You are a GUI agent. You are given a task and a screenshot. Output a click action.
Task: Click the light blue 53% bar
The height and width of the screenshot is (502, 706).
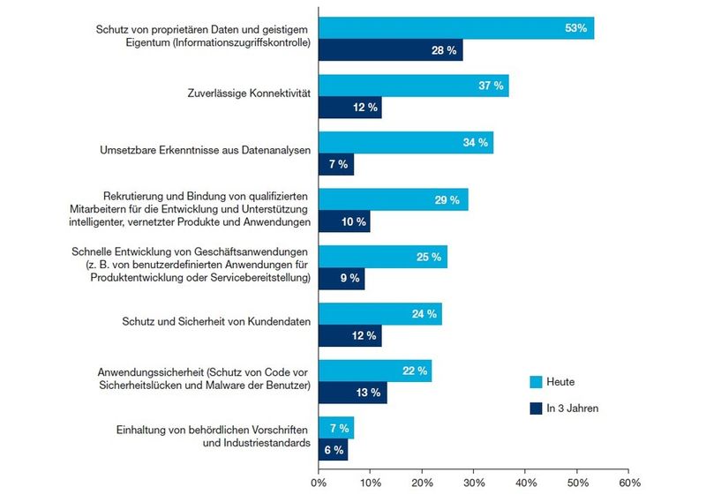coord(455,28)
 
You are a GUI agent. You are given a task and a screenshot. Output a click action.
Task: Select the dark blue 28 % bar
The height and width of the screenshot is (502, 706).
coord(390,51)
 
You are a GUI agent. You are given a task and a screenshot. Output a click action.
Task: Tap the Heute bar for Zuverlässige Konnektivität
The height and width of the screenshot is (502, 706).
coord(413,86)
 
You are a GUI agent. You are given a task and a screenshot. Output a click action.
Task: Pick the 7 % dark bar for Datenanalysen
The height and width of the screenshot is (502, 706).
coord(336,164)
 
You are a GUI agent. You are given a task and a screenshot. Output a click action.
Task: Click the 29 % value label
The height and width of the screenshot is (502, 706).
coord(447,200)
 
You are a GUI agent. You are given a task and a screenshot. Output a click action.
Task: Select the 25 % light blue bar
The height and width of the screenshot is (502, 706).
coord(382,257)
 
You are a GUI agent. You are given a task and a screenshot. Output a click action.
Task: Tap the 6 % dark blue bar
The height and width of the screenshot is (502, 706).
coord(333,450)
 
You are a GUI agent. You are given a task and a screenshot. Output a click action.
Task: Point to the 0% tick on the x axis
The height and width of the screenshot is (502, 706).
coord(319,484)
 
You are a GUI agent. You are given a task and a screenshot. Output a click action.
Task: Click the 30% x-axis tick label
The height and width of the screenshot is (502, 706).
coord(474,484)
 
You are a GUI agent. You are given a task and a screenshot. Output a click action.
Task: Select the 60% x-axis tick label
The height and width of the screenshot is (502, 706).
coord(628,484)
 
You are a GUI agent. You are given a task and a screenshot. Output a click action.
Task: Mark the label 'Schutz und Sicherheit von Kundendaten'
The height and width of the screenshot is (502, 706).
coord(215,323)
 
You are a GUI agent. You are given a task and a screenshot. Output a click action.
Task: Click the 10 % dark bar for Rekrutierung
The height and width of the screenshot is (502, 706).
coord(344,221)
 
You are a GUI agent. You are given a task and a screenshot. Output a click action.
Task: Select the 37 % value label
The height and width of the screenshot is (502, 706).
coord(489,86)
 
